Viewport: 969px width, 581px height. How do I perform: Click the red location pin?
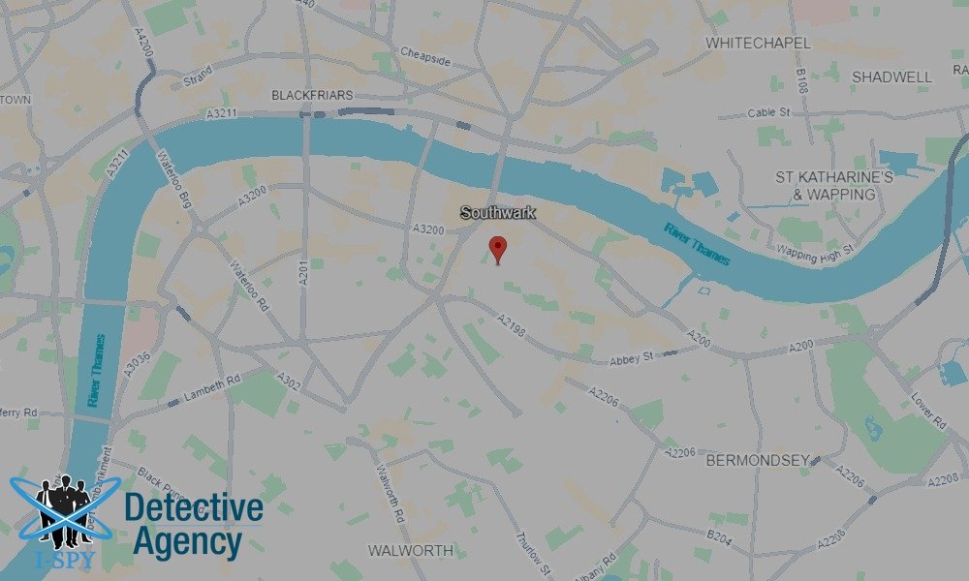(x=498, y=248)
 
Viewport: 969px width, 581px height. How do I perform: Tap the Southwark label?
(x=497, y=212)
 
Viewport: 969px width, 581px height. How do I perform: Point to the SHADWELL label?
(x=891, y=76)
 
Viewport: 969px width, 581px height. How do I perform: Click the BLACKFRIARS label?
(x=312, y=96)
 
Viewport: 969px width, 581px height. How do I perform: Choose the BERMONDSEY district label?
(x=758, y=460)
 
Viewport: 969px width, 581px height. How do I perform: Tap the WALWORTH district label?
(x=410, y=550)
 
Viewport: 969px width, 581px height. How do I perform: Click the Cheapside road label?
(x=426, y=56)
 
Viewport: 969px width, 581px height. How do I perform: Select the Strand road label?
(x=198, y=76)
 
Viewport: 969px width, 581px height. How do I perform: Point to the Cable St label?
(x=769, y=113)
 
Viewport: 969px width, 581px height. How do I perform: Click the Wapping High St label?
(x=814, y=251)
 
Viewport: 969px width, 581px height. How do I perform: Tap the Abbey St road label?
(x=632, y=358)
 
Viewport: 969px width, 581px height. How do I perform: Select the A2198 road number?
(x=511, y=326)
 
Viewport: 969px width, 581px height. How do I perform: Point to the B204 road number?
(x=719, y=535)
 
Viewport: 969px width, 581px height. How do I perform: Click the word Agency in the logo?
(x=186, y=542)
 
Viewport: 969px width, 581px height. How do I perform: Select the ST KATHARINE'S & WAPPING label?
(x=833, y=186)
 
